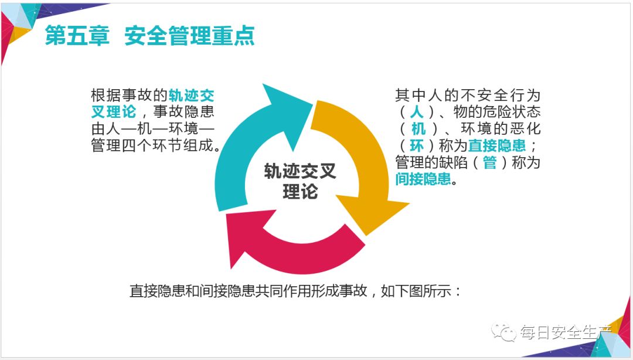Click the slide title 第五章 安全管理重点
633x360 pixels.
point(150,36)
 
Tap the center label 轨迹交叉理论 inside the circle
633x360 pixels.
point(300,181)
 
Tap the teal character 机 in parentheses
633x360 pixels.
point(417,129)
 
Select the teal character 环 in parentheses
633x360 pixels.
point(417,146)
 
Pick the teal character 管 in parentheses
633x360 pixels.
point(489,163)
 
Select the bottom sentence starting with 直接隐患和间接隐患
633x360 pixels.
point(296,291)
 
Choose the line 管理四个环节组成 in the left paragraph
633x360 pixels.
point(154,146)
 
